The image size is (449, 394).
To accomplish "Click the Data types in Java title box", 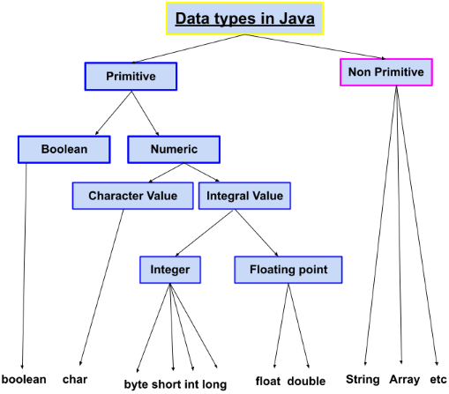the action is tap(244, 19).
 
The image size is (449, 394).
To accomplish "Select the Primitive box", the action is tap(131, 77).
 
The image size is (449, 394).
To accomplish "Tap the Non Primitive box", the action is tap(386, 72).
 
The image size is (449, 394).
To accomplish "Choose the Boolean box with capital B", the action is tap(64, 149).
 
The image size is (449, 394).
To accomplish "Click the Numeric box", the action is tap(174, 149).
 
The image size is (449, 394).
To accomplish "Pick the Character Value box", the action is tap(133, 196).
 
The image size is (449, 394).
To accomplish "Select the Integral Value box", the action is tap(244, 196).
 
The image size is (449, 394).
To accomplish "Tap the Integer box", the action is tap(170, 270).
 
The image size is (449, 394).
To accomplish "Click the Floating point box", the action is tap(288, 270).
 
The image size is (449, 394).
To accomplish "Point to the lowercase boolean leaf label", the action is tap(24, 379).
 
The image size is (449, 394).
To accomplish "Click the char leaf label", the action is tap(75, 379).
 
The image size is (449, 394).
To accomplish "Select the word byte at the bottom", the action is tap(136, 384).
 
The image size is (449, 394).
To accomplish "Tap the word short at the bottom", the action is tap(167, 384).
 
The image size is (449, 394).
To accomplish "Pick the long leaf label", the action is tap(214, 384).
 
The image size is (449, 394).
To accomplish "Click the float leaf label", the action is tap(268, 381).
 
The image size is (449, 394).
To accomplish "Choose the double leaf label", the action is tap(307, 381).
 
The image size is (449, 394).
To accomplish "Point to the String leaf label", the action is tap(363, 379).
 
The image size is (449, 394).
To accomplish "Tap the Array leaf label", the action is tap(405, 379).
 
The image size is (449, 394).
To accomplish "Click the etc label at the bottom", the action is tap(438, 379).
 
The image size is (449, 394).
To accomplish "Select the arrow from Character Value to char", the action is tap(101, 287).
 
